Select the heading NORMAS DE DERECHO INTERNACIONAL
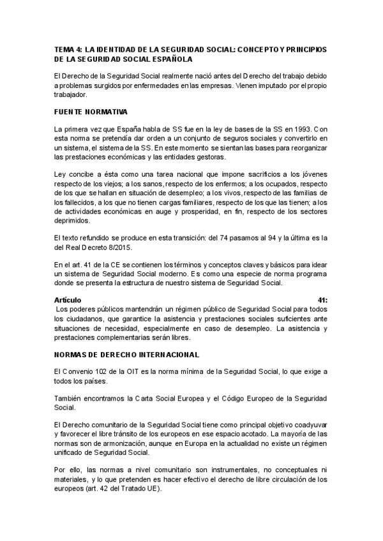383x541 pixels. (x=126, y=354)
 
